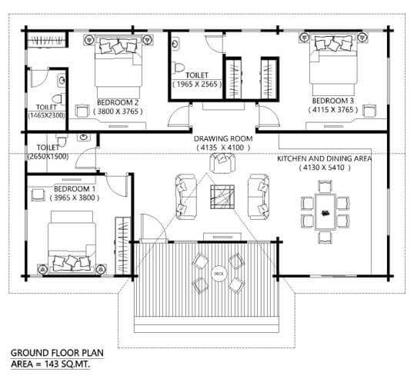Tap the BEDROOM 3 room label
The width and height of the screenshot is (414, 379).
[x=332, y=101]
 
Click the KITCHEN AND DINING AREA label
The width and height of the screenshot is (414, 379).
[x=324, y=158]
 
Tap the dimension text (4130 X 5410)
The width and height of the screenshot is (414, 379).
[x=324, y=168]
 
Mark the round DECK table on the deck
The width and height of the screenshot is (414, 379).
[x=219, y=273]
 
